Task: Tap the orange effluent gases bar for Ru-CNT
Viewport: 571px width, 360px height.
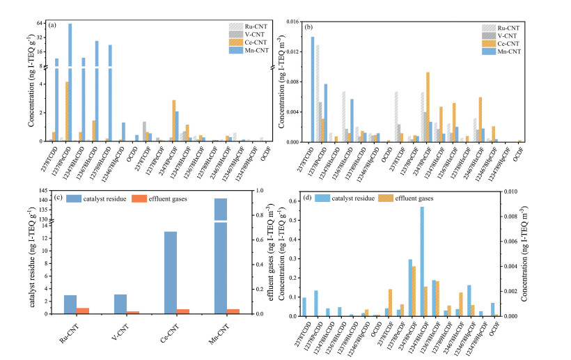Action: [83, 311]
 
